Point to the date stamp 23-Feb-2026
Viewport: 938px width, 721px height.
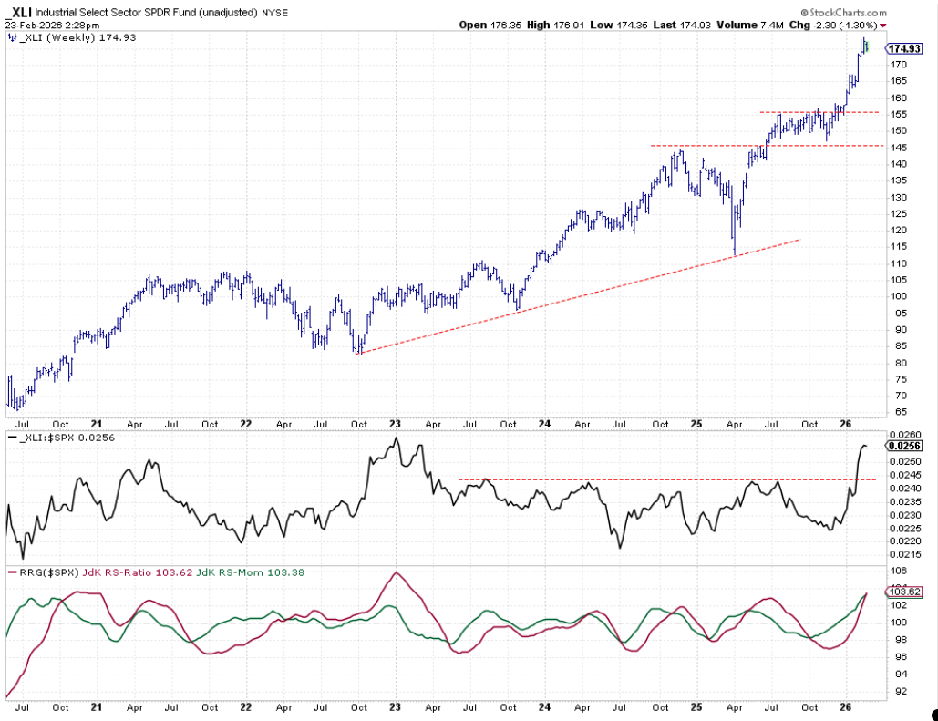pyautogui.click(x=33, y=26)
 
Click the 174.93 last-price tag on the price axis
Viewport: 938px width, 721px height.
pyautogui.click(x=903, y=48)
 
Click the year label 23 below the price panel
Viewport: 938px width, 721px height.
pyautogui.click(x=396, y=424)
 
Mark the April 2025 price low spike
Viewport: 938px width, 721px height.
pyautogui.click(x=735, y=253)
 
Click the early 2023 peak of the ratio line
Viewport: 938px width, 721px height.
pyautogui.click(x=396, y=439)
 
